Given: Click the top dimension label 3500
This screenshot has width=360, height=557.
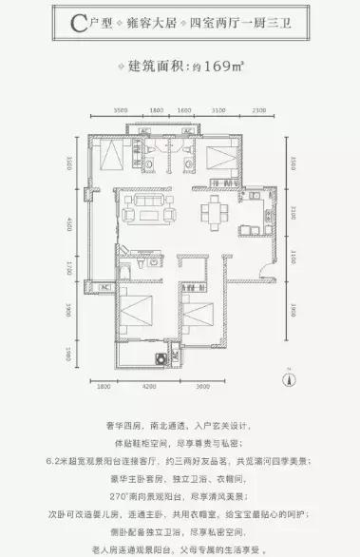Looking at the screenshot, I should (120, 111).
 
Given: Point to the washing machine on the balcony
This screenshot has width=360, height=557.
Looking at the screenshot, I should (161, 361).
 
